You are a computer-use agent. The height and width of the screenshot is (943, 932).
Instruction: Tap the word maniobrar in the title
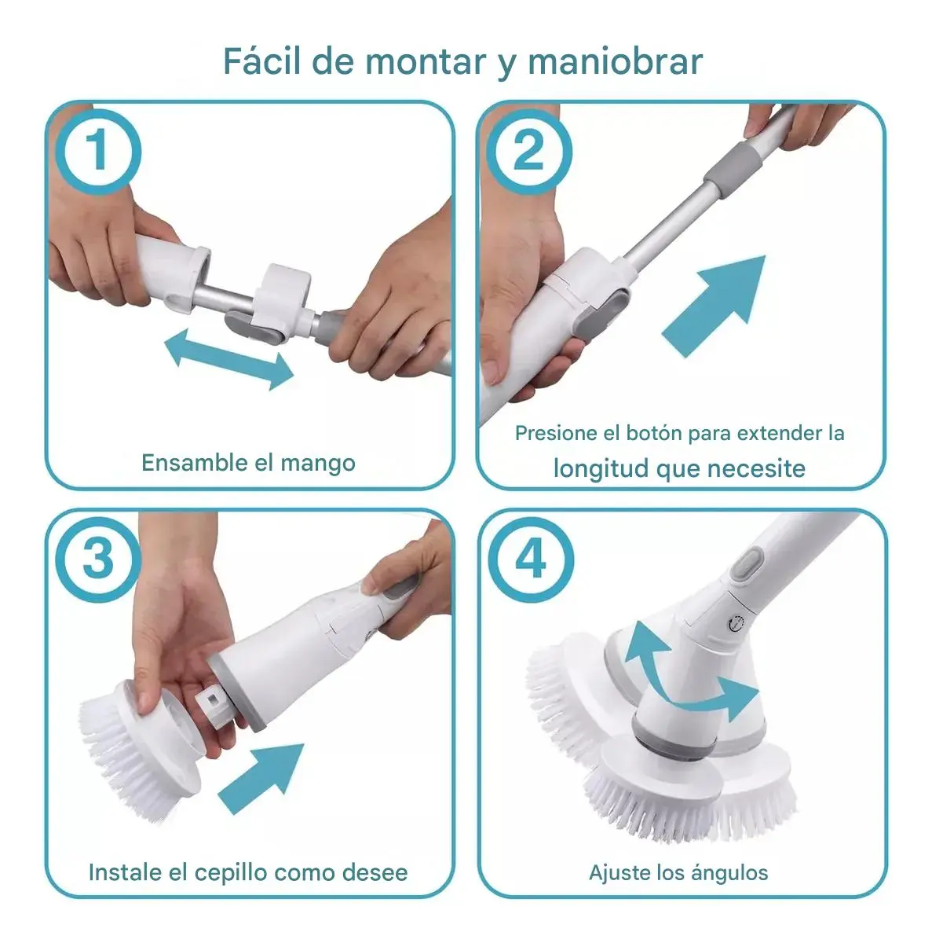(x=615, y=61)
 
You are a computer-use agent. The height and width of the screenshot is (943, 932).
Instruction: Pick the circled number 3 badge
(x=98, y=559)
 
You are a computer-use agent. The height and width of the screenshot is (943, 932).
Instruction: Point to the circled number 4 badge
(x=531, y=559)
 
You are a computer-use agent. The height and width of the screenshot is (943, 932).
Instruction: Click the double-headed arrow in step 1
(x=228, y=359)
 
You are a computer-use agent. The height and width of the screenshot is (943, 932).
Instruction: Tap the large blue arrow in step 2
(x=714, y=306)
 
